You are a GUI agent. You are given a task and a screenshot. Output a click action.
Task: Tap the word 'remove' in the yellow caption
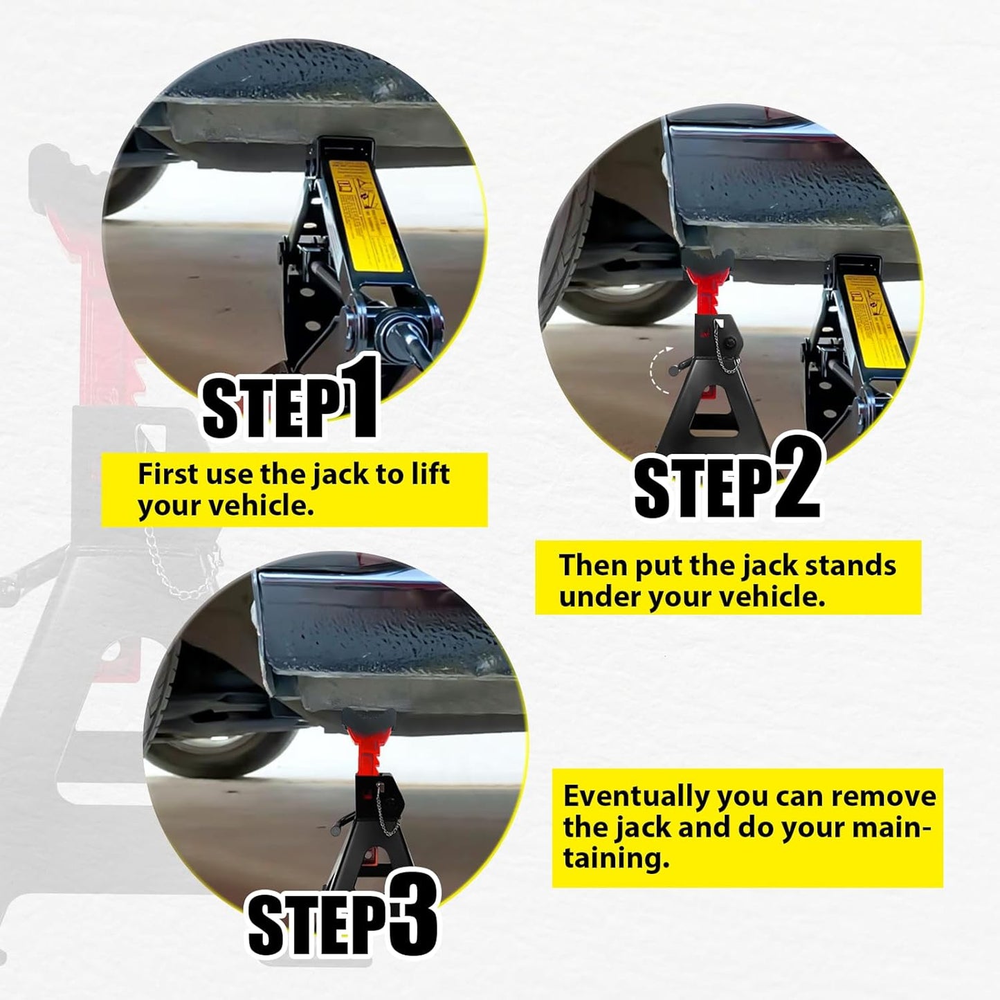coord(883,797)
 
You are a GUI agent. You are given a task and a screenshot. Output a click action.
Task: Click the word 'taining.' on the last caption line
coord(616,859)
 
